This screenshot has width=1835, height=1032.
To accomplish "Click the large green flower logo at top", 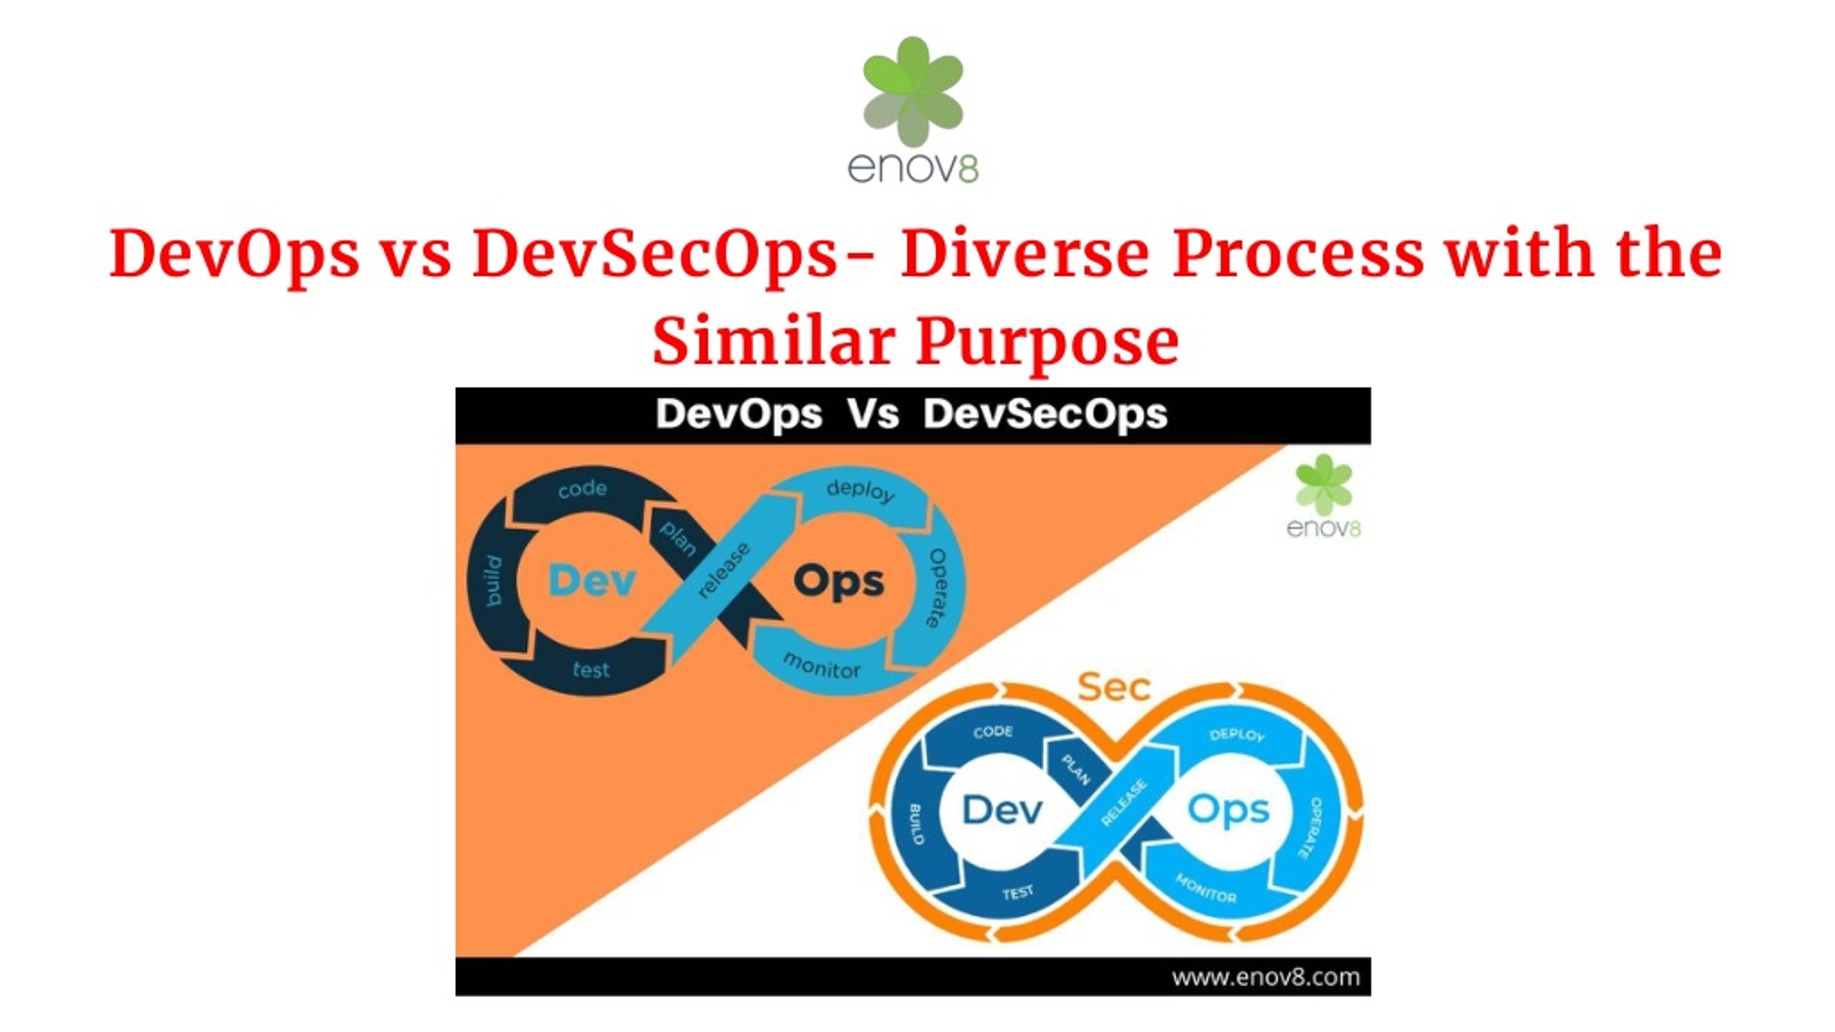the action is tap(912, 91).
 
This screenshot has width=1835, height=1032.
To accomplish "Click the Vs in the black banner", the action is tap(873, 414).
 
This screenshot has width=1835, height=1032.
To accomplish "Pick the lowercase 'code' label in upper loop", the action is tap(583, 489).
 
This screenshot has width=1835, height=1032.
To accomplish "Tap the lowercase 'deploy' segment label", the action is tap(861, 490).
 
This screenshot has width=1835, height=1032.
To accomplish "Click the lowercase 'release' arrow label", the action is tap(723, 570).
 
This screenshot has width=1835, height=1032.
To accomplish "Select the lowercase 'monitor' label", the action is tap(821, 666).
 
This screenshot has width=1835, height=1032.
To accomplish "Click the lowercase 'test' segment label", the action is tap(591, 669).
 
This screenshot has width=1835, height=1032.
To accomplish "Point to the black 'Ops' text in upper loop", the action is tap(839, 582).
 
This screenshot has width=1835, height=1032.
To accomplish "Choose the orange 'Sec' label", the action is tap(1114, 687).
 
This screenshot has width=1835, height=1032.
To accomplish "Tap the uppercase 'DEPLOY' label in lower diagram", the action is tap(1237, 735).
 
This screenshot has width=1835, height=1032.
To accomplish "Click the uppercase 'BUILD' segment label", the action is tap(917, 823).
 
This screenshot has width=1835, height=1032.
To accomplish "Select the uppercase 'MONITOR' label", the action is tap(1206, 889).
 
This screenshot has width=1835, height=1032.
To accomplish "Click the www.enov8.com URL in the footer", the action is tap(1266, 978).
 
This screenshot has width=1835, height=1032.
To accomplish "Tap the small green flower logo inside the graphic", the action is tap(1324, 484).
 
